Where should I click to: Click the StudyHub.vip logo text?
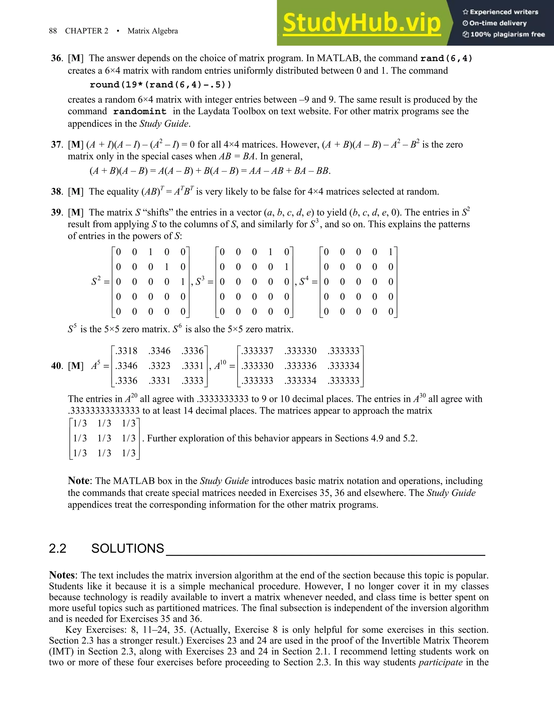(361, 23)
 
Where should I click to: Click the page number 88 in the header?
(53, 31)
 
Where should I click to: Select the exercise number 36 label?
(57, 58)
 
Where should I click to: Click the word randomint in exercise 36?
(140, 112)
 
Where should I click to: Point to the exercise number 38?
(57, 192)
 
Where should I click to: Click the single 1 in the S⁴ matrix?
(391, 252)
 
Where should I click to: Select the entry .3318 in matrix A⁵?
(126, 351)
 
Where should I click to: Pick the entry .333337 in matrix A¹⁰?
(257, 351)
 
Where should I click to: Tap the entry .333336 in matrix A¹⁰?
(300, 366)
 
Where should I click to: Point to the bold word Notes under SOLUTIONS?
(62, 575)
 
